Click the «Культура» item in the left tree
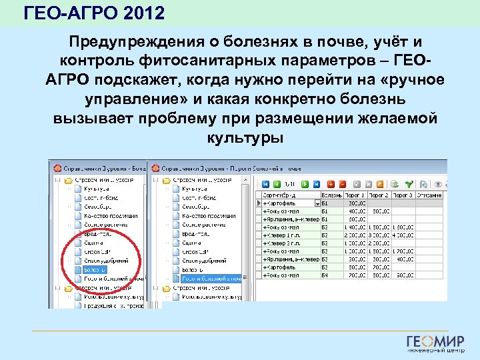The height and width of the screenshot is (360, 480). tap(96, 189)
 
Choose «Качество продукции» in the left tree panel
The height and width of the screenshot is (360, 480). tap(111, 215)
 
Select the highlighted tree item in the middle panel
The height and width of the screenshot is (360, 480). tap(206, 278)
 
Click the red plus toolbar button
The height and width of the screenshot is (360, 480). tap(331, 184)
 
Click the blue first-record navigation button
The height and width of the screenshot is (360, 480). tap(266, 184)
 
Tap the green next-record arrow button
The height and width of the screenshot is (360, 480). tap(305, 184)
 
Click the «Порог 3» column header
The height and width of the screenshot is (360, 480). tap(403, 195)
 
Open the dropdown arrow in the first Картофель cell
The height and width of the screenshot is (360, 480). tap(317, 203)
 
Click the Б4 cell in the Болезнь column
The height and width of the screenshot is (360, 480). tap(325, 274)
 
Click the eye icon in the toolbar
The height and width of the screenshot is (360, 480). tap(438, 184)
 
